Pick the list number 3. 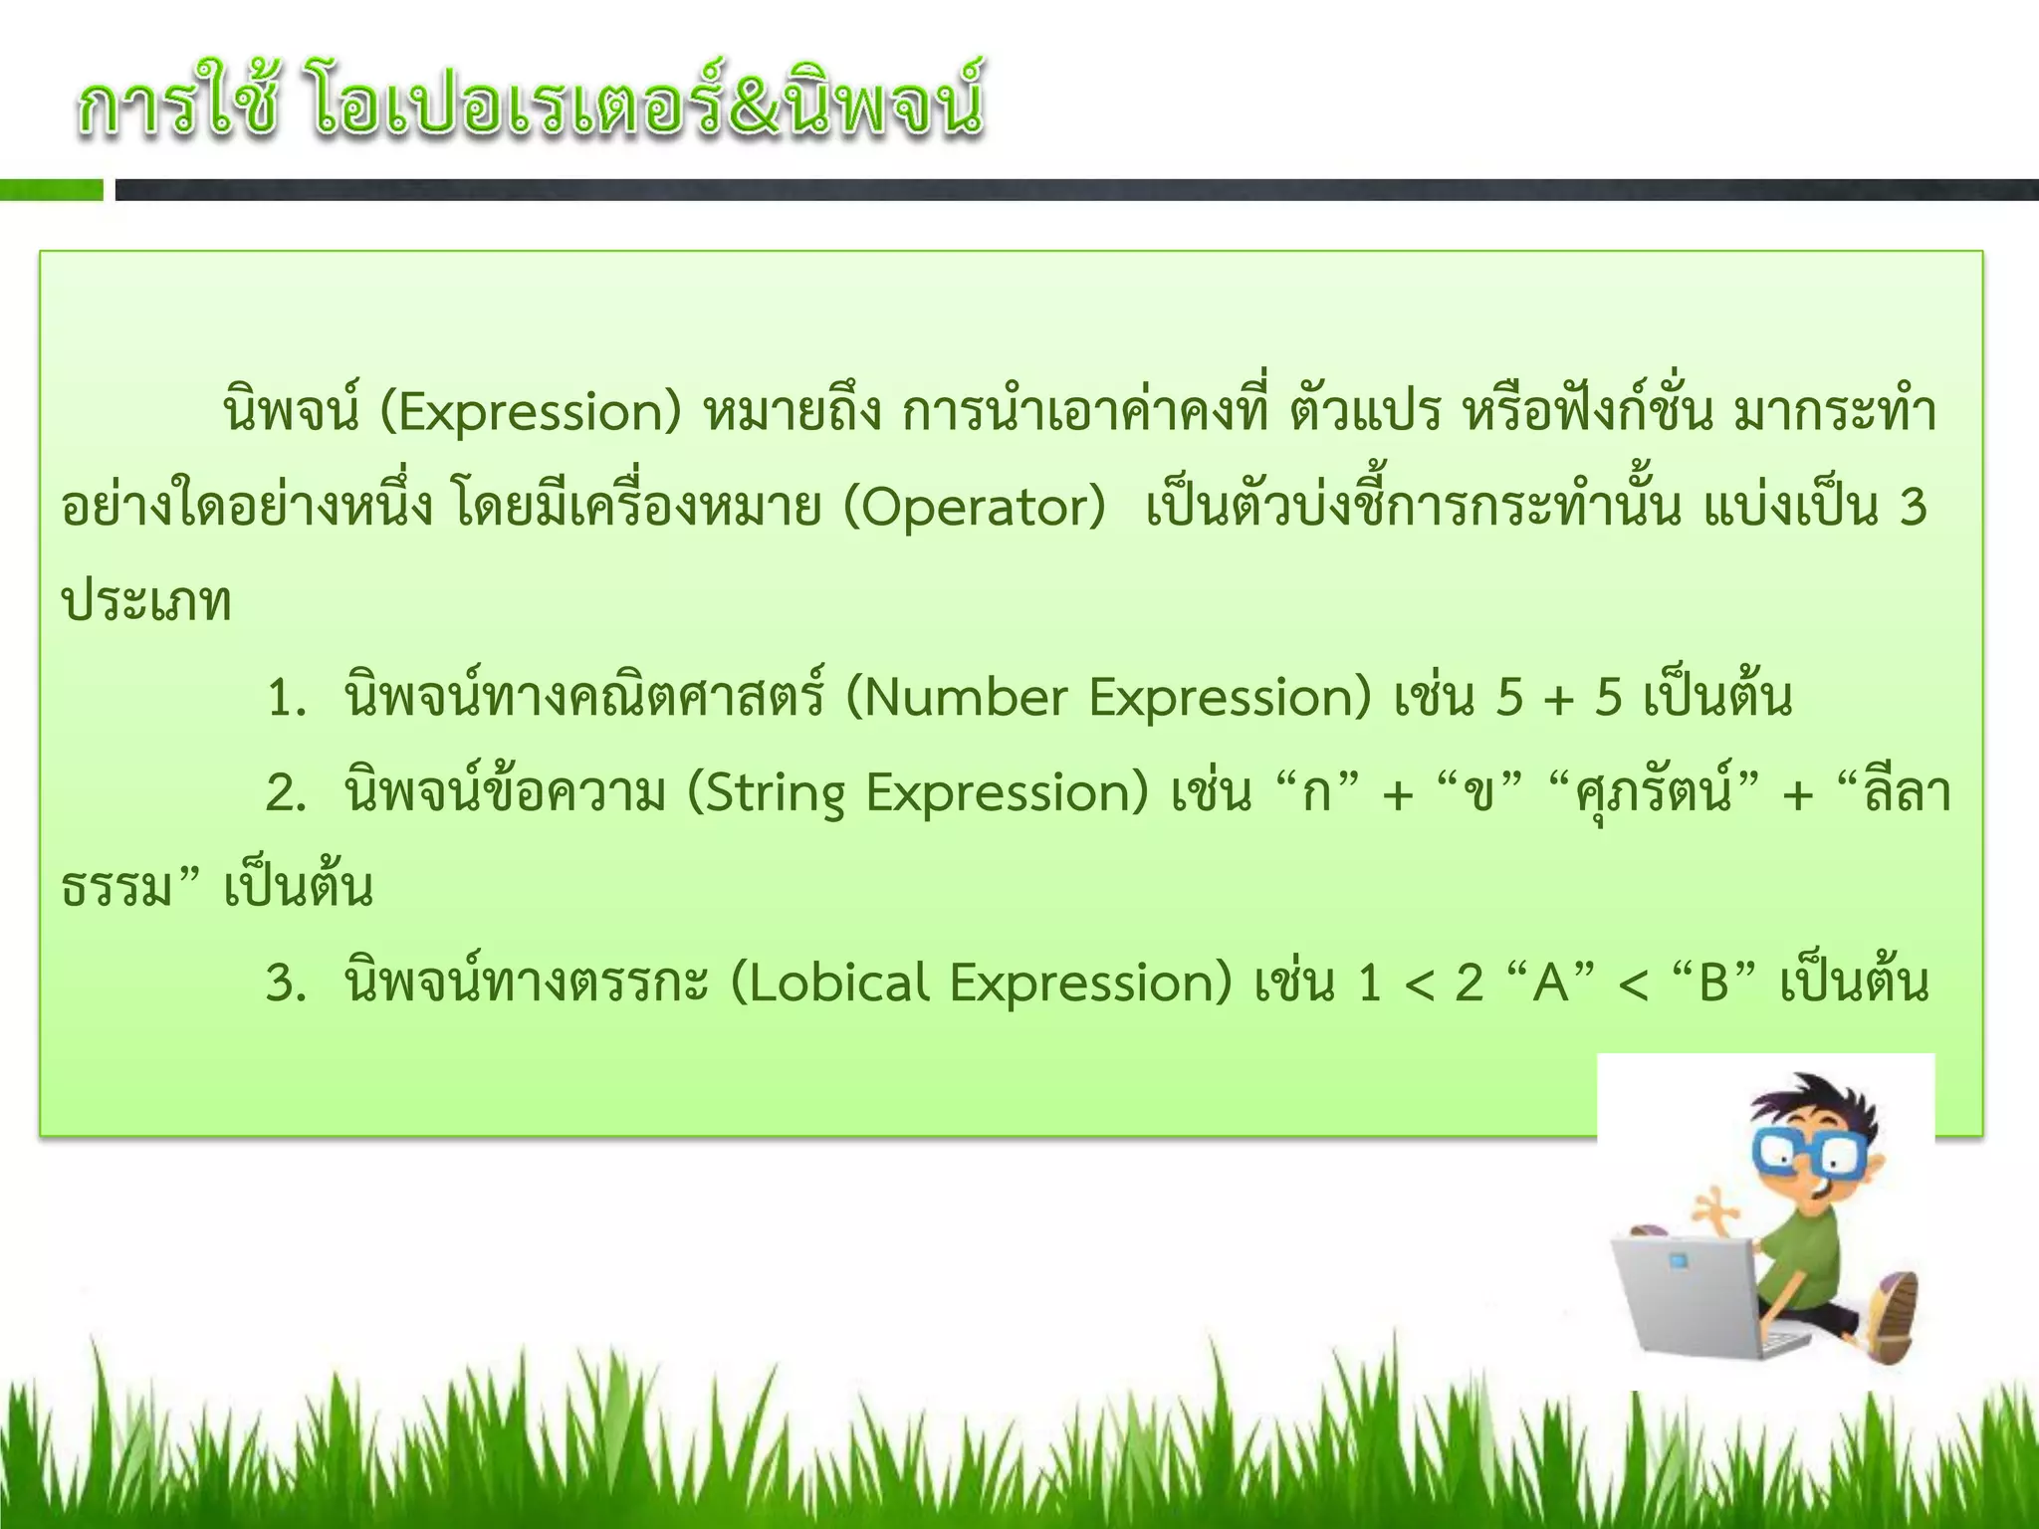[285, 983]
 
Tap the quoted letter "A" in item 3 [1550, 983]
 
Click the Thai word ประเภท [146, 603]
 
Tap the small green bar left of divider [51, 190]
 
